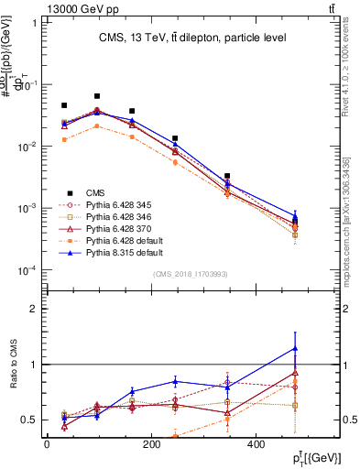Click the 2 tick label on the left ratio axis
tap(33, 309)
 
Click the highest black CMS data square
tap(97, 96)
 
